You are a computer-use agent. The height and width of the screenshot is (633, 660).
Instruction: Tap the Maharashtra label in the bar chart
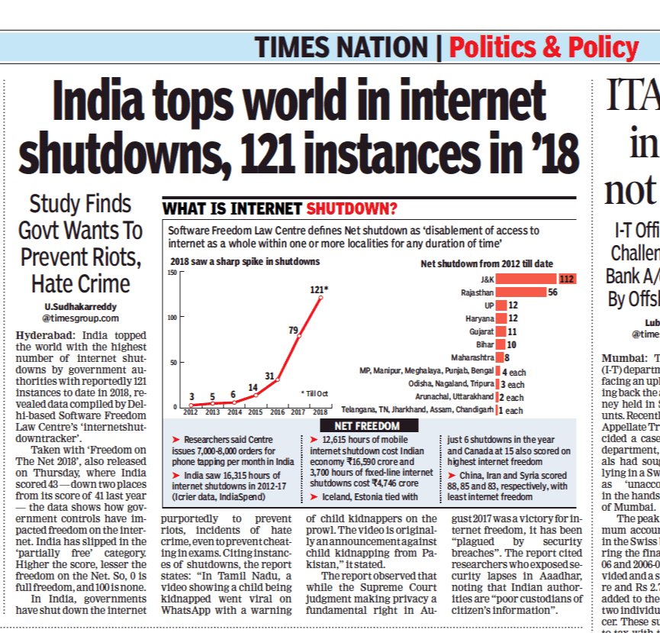pyautogui.click(x=470, y=357)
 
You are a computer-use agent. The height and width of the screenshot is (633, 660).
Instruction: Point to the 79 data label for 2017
pyautogui.click(x=292, y=330)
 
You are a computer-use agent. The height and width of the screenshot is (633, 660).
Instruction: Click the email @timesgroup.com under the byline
pyautogui.click(x=80, y=318)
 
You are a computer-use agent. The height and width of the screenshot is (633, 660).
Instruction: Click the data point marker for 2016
pyautogui.click(x=277, y=379)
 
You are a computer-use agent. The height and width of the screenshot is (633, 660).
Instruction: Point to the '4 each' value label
pyautogui.click(x=514, y=370)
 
